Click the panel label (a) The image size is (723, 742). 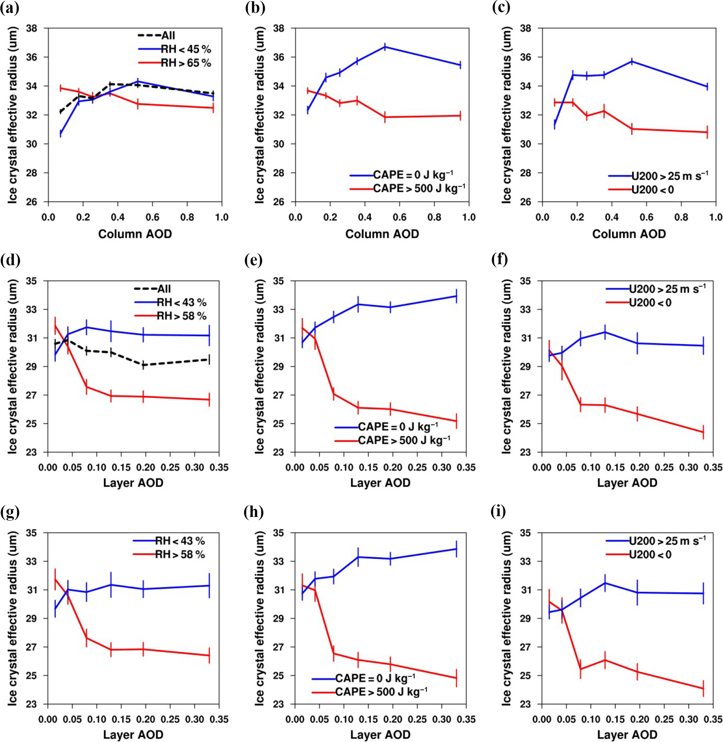tap(10, 8)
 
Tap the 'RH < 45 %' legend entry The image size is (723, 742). tap(186, 49)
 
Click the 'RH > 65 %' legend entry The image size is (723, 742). tap(186, 63)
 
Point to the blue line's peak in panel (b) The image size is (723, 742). tap(385, 47)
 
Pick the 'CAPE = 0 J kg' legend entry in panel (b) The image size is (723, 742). tap(412, 175)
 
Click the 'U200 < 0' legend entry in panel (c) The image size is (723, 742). tap(652, 190)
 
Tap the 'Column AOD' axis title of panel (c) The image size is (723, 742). tap(629, 234)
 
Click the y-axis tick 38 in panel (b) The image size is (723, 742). tap(279, 29)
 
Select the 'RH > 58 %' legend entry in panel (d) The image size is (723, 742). tap(181, 316)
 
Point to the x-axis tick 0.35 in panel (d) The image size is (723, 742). tap(219, 468)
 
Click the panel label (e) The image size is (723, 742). tap(253, 260)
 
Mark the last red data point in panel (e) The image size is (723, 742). tap(456, 421)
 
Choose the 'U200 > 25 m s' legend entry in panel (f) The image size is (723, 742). tap(667, 289)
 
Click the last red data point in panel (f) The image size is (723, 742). tap(703, 432)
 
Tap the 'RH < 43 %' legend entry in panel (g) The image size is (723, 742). tap(180, 541)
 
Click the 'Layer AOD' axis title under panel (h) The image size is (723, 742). tap(380, 735)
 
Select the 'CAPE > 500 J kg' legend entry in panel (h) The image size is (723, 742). tap(381, 692)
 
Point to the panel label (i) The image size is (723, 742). tap(498, 512)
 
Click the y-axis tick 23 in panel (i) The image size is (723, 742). tap(526, 704)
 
